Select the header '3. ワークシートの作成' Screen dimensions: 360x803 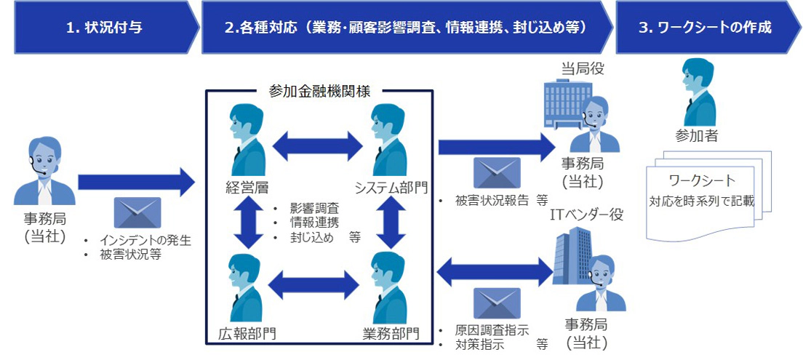coord(704,28)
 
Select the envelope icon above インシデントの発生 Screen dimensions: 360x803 coord(137,213)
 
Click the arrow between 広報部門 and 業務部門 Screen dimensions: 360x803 coord(318,282)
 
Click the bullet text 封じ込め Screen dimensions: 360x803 coord(309,237)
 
